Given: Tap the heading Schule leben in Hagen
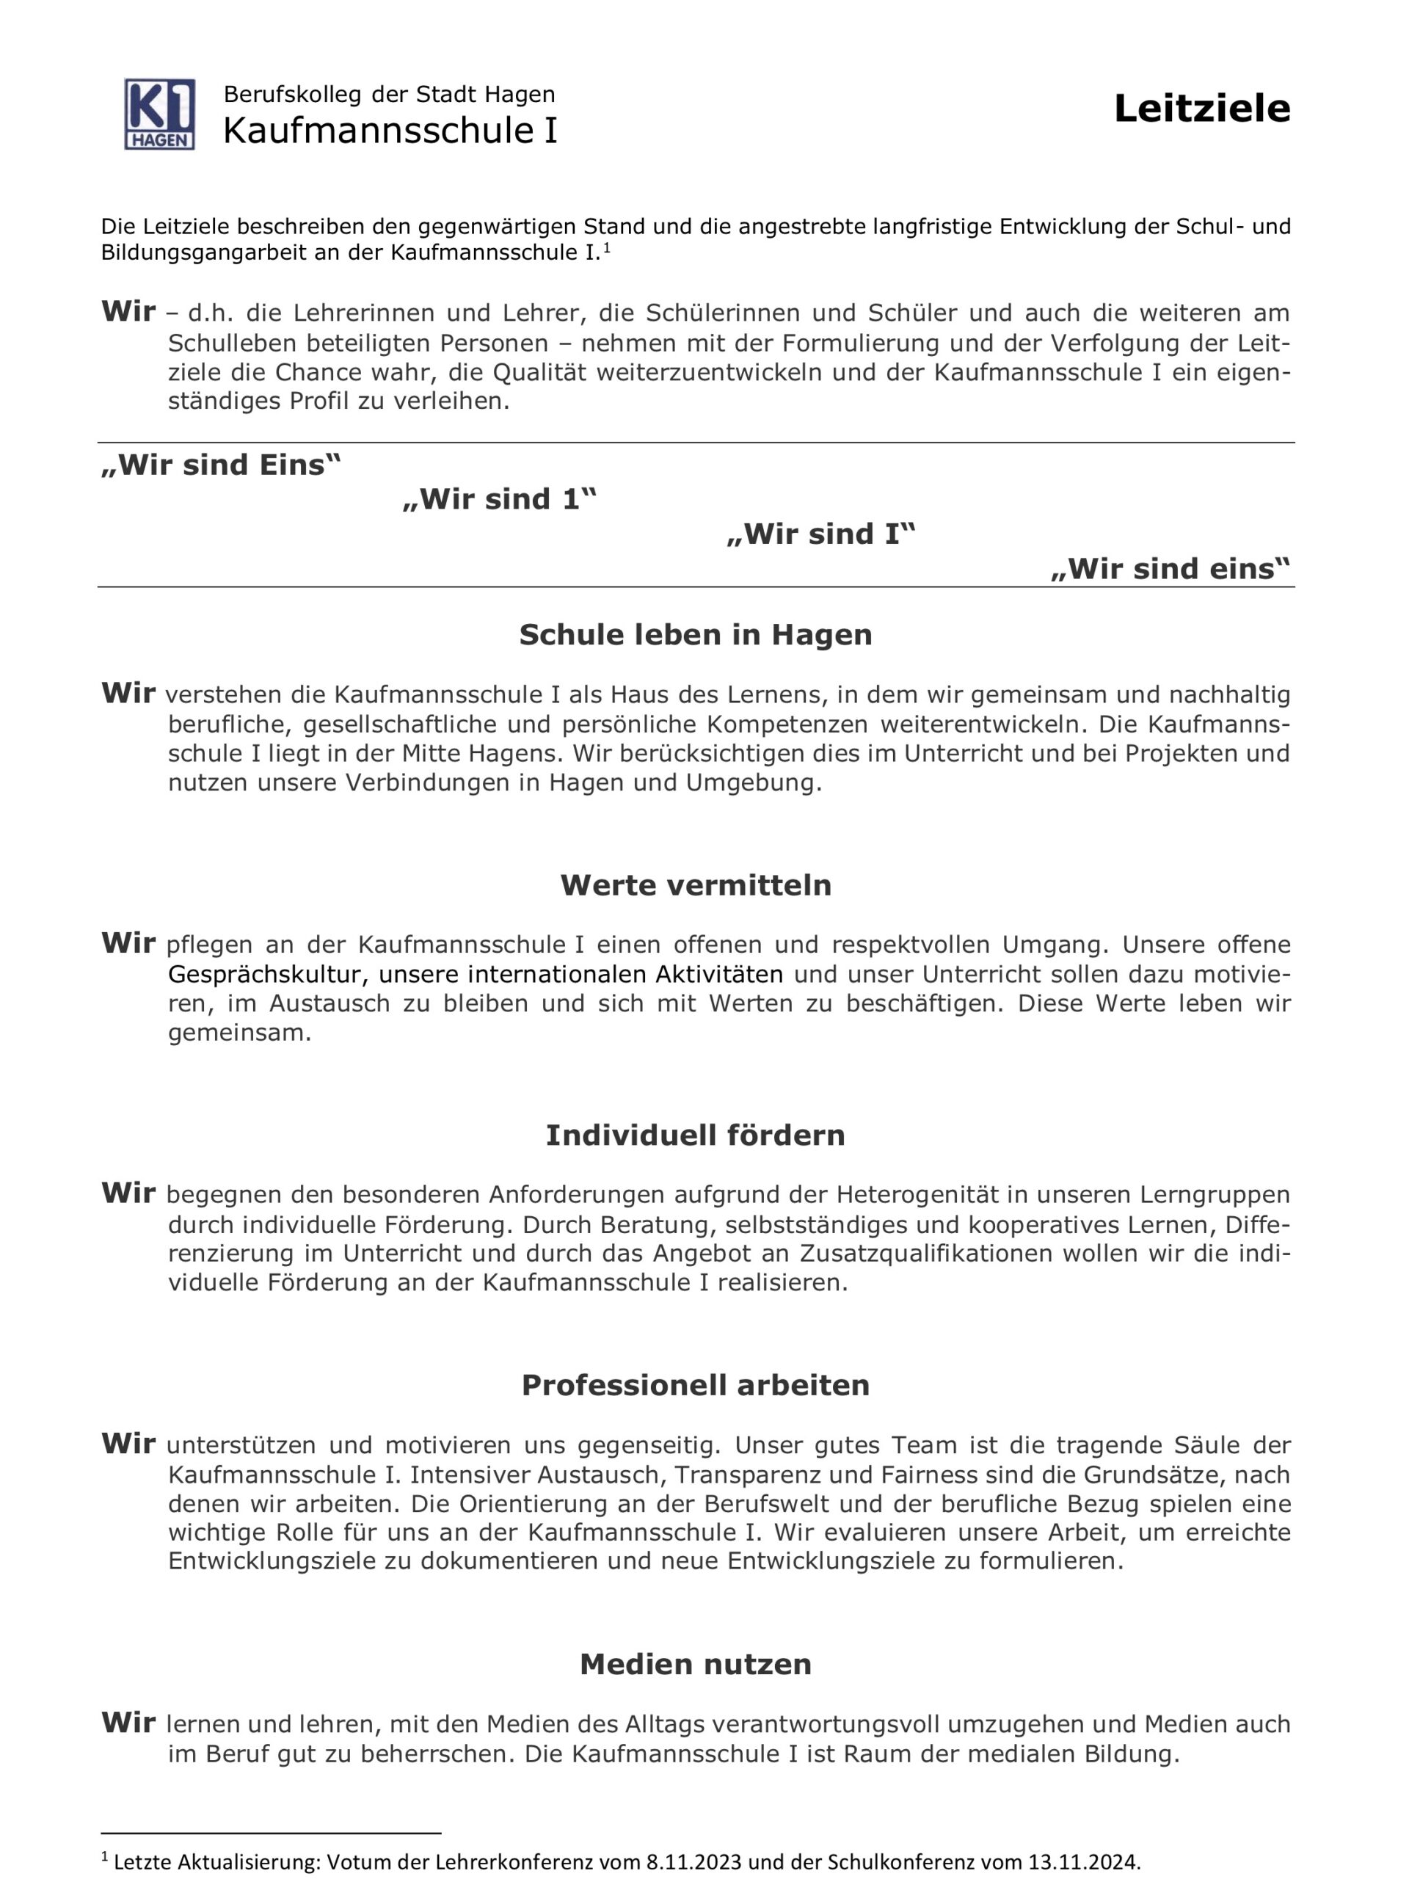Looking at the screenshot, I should click(x=695, y=635).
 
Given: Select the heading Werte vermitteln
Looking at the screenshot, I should click(x=695, y=885).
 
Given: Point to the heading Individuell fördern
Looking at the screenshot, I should click(x=695, y=1135).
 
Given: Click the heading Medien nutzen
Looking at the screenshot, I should click(x=695, y=1663).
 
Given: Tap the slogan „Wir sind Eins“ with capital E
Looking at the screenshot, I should click(x=221, y=465).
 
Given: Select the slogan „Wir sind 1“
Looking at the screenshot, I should click(x=500, y=500).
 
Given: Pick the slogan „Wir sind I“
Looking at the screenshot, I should click(x=820, y=534).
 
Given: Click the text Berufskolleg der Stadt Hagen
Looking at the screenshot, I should click(x=389, y=94).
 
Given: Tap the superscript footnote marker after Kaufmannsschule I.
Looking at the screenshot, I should click(x=606, y=249).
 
